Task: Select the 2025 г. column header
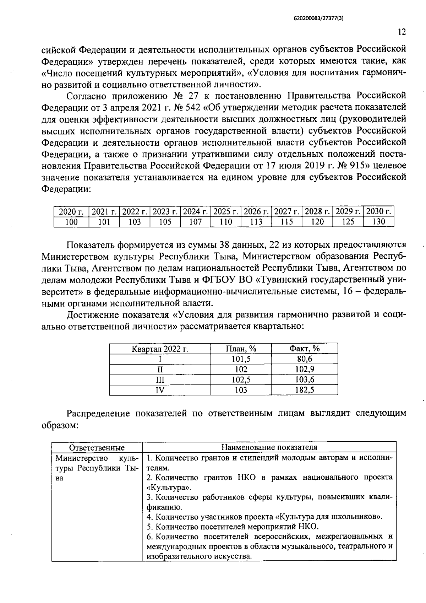226,212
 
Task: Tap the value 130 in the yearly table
379,222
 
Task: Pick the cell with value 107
195,222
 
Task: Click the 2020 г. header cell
71,212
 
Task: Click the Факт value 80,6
304,359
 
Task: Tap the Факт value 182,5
304,390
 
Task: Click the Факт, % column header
304,349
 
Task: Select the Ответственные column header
97,447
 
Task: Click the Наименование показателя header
269,447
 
